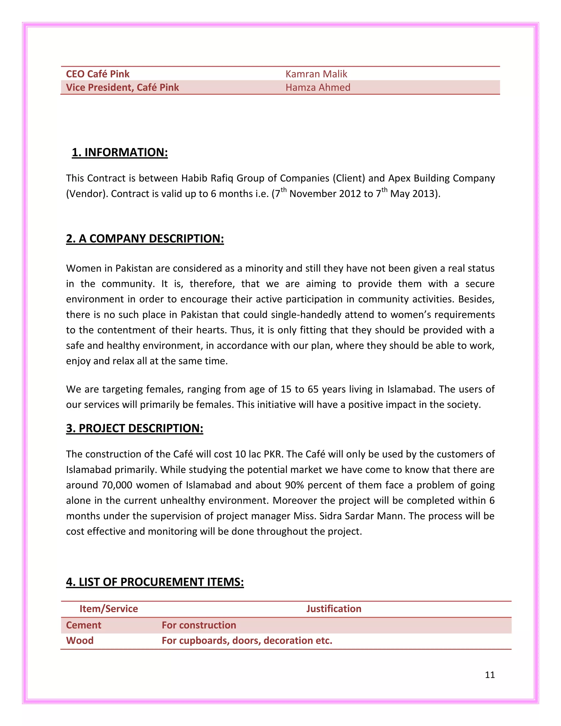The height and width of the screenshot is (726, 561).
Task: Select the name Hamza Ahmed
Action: click(318, 87)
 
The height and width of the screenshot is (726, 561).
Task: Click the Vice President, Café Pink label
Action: click(122, 87)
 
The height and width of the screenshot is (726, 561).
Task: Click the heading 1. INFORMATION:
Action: click(120, 152)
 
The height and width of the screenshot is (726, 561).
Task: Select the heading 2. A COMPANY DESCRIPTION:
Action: click(145, 239)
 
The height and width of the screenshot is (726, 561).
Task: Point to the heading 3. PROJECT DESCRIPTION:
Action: click(134, 428)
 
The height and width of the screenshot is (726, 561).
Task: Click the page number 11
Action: click(490, 675)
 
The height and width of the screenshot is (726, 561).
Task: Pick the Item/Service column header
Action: click(109, 609)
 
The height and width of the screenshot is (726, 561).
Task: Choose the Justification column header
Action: click(334, 609)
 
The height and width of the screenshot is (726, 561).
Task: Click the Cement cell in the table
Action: click(84, 625)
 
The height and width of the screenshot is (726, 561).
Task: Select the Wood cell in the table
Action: click(80, 641)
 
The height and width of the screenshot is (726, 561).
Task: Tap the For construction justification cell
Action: click(199, 625)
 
